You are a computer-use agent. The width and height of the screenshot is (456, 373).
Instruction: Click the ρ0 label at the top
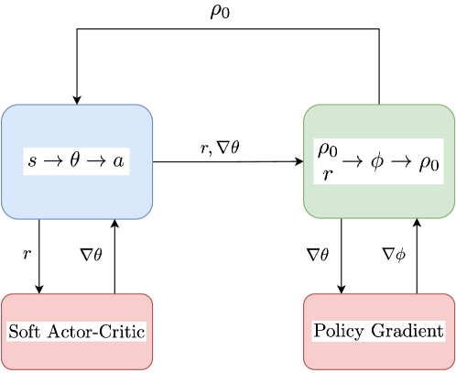point(220,16)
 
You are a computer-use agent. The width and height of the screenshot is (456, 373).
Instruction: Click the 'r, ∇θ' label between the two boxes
point(220,148)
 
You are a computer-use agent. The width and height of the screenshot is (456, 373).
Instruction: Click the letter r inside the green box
point(328,172)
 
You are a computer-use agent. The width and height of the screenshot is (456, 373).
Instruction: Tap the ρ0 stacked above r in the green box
point(328,150)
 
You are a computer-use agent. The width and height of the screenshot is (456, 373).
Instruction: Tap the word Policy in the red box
point(338,330)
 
